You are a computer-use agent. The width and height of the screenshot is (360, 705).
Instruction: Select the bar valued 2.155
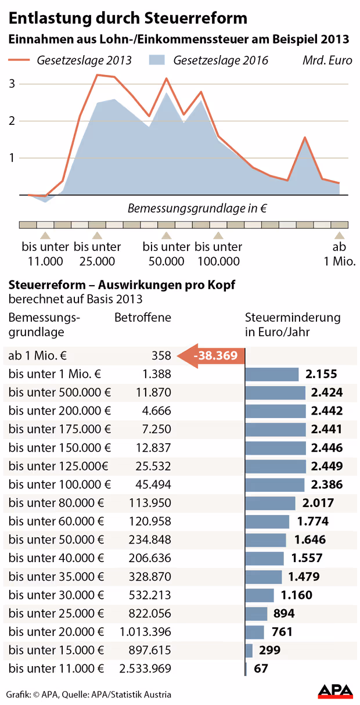point(272,375)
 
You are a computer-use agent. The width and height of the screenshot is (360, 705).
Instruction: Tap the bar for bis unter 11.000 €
point(246,668)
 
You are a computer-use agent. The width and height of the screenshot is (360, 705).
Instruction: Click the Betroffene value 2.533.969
point(145,668)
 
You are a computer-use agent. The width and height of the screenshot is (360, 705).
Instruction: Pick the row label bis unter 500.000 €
point(60,393)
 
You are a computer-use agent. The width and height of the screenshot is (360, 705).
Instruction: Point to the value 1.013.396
point(145,632)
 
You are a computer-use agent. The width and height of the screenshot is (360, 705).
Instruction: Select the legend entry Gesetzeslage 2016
point(208,60)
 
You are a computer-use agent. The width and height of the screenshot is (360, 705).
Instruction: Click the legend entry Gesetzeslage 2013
point(70,60)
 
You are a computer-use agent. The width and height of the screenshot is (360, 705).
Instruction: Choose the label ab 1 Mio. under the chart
point(339,254)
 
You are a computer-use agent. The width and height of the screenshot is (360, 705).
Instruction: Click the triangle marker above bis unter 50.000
point(166,236)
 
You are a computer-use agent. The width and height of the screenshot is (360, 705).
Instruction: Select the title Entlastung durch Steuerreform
point(128,18)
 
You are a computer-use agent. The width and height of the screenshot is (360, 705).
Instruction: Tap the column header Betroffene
point(143,318)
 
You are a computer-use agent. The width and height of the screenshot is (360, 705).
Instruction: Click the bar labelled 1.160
point(260,595)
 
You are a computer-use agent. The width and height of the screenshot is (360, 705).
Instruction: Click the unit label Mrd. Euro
point(327,60)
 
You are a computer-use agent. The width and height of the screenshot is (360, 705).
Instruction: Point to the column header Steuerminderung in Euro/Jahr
point(293,325)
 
